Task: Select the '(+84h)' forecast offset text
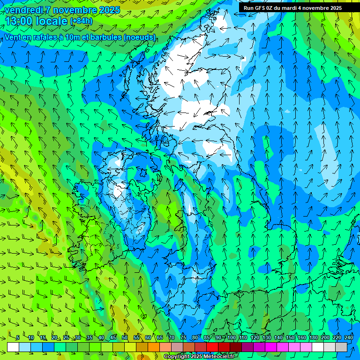pyautogui.click(x=81, y=21)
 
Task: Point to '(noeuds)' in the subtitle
pyautogui.click(x=140, y=37)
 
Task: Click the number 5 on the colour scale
pyautogui.click(x=18, y=338)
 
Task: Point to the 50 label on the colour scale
pyautogui.click(x=125, y=338)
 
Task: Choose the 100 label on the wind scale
pyautogui.click(x=232, y=338)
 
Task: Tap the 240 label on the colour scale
pyautogui.click(x=349, y=338)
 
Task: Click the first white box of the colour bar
pyautogui.click(x=13, y=347)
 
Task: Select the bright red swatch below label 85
pyautogui.click(x=212, y=347)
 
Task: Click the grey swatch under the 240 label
pyautogui.click(x=341, y=347)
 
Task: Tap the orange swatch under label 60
pyautogui.click(x=142, y=347)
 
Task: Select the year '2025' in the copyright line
pyautogui.click(x=196, y=357)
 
